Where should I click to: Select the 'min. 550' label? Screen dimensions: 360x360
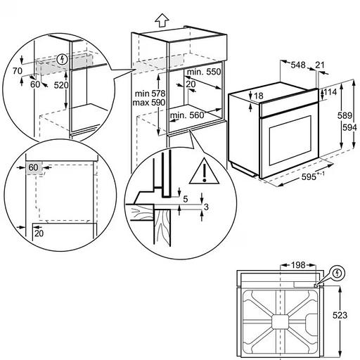coord(205,72)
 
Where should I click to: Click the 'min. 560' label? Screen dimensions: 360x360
coord(186,115)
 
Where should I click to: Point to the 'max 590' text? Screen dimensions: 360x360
coord(149,103)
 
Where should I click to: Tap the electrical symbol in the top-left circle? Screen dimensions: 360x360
coord(65,59)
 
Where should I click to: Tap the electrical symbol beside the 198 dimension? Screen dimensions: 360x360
coord(337,272)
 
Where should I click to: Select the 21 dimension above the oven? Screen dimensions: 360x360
coord(321,65)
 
